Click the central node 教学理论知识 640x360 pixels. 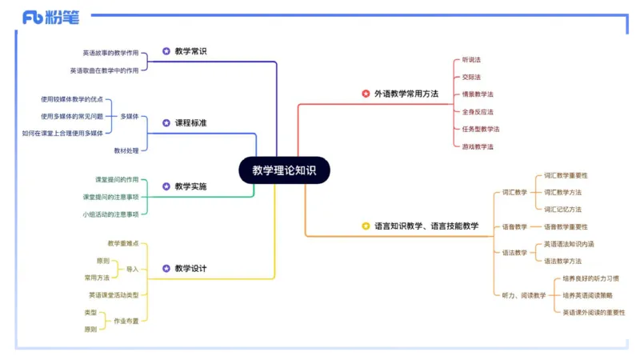(284, 170)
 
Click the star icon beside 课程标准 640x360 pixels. (166, 123)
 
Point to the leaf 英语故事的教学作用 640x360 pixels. (110, 53)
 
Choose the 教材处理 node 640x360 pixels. (126, 150)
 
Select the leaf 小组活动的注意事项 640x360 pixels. (110, 214)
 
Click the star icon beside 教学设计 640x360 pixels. (166, 269)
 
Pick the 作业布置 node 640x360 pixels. (126, 321)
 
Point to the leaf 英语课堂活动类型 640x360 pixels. (114, 295)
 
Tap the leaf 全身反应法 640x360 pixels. (478, 112)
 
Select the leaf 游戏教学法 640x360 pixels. (478, 146)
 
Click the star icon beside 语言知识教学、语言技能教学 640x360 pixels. (366, 226)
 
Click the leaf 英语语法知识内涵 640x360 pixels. (569, 244)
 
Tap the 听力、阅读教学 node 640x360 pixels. (524, 295)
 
